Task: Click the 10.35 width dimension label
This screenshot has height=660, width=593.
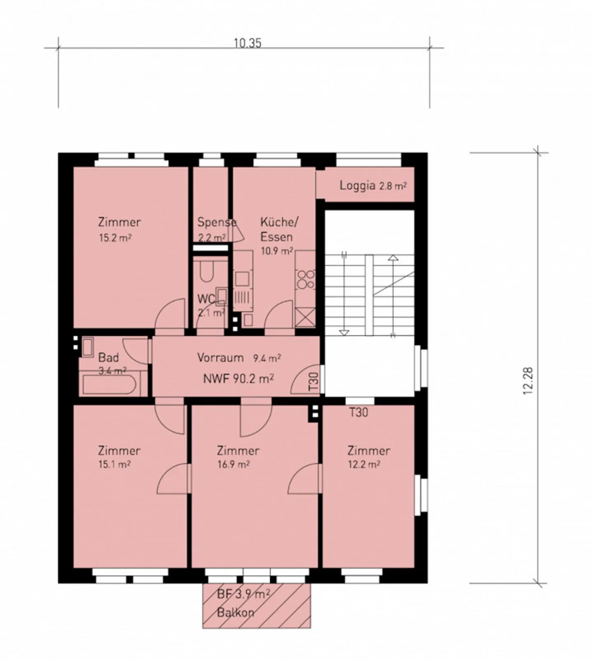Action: (x=247, y=43)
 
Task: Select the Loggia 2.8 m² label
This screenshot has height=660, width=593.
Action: (x=373, y=185)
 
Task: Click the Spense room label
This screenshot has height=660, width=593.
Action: (x=216, y=222)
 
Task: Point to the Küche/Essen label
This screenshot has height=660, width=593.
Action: (x=278, y=229)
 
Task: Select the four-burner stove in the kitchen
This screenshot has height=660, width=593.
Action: (x=306, y=279)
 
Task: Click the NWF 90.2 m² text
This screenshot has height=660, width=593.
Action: (x=238, y=378)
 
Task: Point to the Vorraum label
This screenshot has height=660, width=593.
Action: (x=220, y=357)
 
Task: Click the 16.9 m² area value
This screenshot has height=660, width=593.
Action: (x=233, y=464)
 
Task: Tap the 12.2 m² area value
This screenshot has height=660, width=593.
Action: (x=364, y=464)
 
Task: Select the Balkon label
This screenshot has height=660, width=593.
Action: (x=236, y=612)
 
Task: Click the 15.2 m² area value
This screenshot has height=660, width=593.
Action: (x=115, y=238)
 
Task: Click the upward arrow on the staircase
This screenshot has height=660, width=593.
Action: (x=393, y=259)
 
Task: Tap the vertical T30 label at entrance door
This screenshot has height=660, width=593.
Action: (x=313, y=381)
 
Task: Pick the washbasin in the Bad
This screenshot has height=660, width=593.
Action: (x=88, y=347)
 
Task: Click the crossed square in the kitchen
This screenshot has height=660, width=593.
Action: (x=305, y=318)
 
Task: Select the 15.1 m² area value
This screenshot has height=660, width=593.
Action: (x=114, y=464)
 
